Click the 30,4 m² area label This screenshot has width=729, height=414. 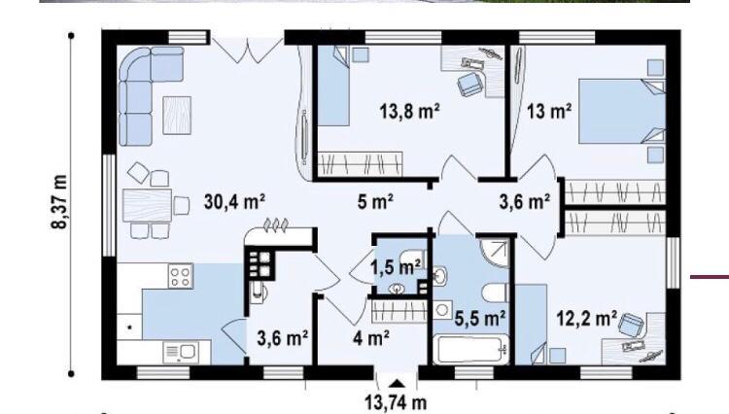pos(235,202)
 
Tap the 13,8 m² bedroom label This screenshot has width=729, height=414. pos(409,111)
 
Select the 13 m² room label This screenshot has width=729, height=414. pos(549,111)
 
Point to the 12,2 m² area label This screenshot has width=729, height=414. pos(587,319)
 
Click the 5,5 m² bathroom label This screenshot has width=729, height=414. pos(480,319)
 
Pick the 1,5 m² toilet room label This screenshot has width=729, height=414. pos(396,267)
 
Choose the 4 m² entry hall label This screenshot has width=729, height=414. pos(371,339)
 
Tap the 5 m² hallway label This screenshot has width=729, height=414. pos(375,202)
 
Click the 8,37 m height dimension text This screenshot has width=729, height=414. pos(59,202)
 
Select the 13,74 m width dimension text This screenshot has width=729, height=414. pos(396,403)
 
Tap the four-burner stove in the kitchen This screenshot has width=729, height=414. pos(181,276)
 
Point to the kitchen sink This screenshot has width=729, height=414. pos(181,353)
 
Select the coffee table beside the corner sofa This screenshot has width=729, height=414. pos(177,116)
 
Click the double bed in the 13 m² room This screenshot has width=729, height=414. pos(622,111)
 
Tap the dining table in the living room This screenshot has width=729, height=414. pos(148,205)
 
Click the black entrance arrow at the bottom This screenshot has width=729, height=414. pos(397,383)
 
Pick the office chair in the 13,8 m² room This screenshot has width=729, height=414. pos(470,85)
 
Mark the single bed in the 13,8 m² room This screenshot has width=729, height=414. pos(333,86)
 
